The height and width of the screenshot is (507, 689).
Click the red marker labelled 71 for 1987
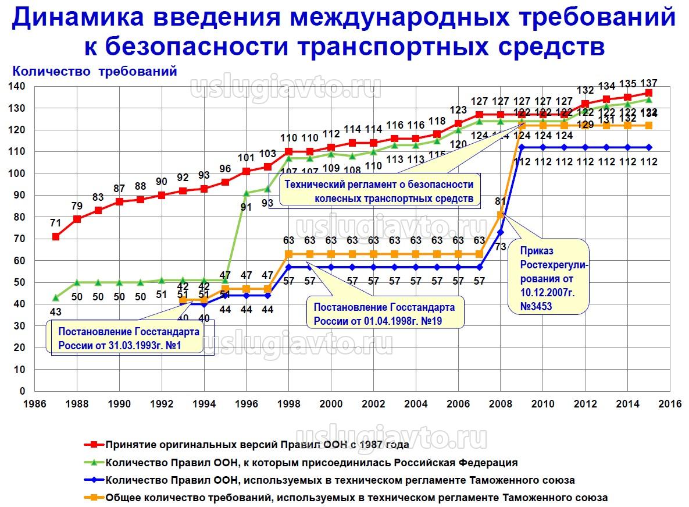(x=56, y=237)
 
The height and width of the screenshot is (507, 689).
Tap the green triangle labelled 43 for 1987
(x=56, y=297)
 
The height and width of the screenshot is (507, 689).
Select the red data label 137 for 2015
(x=649, y=82)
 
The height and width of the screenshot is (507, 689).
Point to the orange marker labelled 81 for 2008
(x=500, y=215)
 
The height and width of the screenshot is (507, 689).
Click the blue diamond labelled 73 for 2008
(x=500, y=232)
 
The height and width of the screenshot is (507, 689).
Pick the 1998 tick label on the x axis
(x=288, y=403)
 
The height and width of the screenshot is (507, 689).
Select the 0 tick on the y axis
(x=23, y=391)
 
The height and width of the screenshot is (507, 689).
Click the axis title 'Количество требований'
(x=94, y=72)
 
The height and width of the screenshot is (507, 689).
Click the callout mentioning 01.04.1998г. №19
(x=384, y=314)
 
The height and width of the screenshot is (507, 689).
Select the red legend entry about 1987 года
(x=256, y=445)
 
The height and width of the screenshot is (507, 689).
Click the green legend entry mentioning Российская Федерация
(x=311, y=463)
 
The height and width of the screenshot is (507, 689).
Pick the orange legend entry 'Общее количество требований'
(x=356, y=498)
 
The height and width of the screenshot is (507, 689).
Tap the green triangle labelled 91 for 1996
(x=246, y=193)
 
